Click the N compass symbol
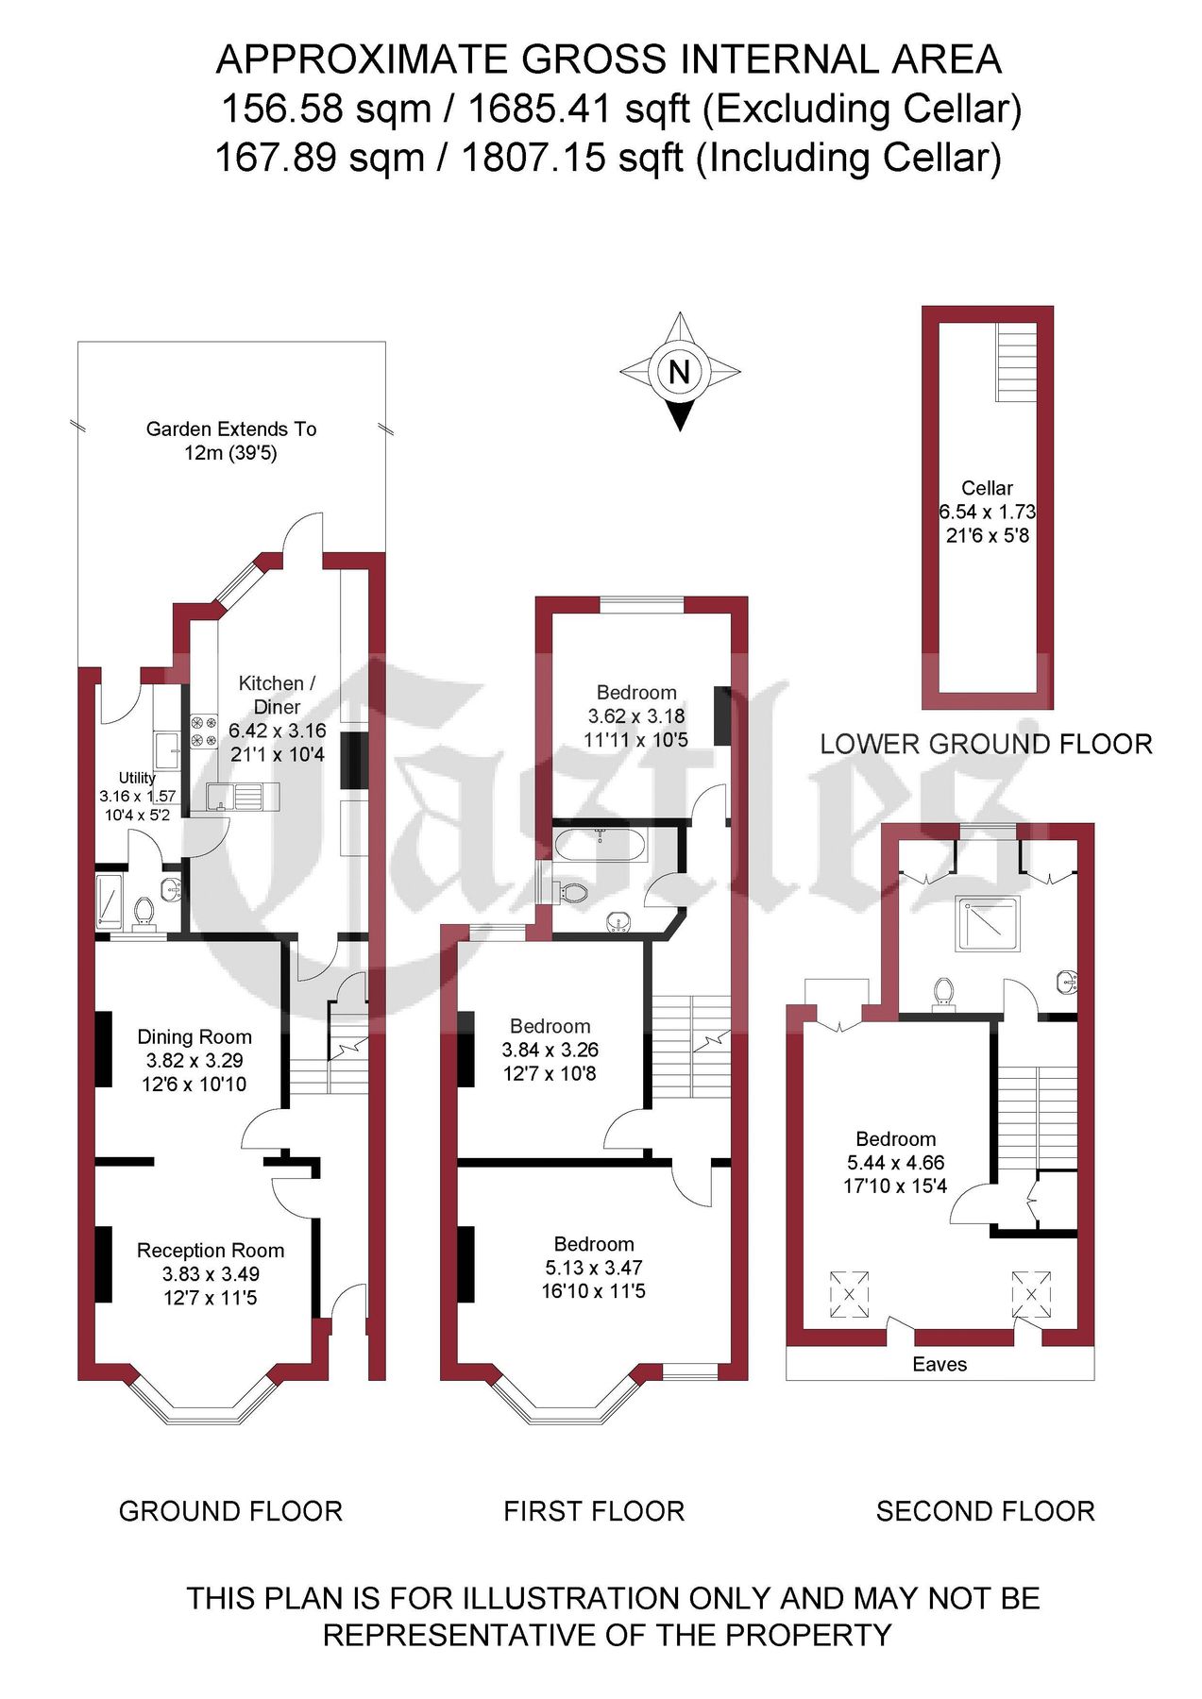pyautogui.click(x=679, y=371)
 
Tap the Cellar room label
pyautogui.click(x=987, y=488)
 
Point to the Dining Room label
pyautogui.click(x=195, y=1036)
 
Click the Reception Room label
pyautogui.click(x=211, y=1250)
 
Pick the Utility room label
pyautogui.click(x=137, y=778)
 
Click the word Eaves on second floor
pyautogui.click(x=940, y=1364)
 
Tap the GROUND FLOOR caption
pyautogui.click(x=230, y=1511)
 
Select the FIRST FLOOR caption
pyautogui.click(x=594, y=1511)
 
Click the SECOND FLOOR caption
pyautogui.click(x=985, y=1511)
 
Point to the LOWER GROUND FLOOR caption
pyautogui.click(x=986, y=744)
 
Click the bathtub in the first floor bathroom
pyautogui.click(x=601, y=845)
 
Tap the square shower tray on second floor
pyautogui.click(x=989, y=923)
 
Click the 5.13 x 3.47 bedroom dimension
pyautogui.click(x=594, y=1268)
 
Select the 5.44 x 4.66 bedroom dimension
pyautogui.click(x=895, y=1163)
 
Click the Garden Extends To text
pyautogui.click(x=231, y=429)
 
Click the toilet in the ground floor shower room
pyautogui.click(x=144, y=912)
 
